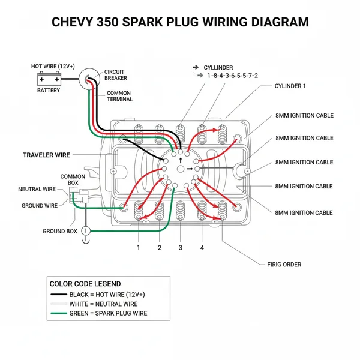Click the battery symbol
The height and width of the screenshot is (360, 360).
49,79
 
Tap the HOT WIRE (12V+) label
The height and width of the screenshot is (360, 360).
53,66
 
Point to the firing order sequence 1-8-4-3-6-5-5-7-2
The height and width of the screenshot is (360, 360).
232,76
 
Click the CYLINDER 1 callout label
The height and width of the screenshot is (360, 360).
290,86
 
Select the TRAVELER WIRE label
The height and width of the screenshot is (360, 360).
46,155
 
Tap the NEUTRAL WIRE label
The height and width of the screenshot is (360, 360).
37,189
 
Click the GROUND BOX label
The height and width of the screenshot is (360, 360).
59,231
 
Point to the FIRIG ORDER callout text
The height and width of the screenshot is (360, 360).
284,264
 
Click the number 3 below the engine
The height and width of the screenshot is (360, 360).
181,247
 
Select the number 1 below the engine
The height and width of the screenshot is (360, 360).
139,247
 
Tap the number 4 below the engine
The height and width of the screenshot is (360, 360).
202,247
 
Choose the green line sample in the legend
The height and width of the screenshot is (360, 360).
67,313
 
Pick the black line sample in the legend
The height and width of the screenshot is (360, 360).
67,295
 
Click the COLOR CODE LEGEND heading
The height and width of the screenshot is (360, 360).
85,284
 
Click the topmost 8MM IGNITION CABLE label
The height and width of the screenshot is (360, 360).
304,116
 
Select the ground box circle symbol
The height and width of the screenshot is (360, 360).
85,230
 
